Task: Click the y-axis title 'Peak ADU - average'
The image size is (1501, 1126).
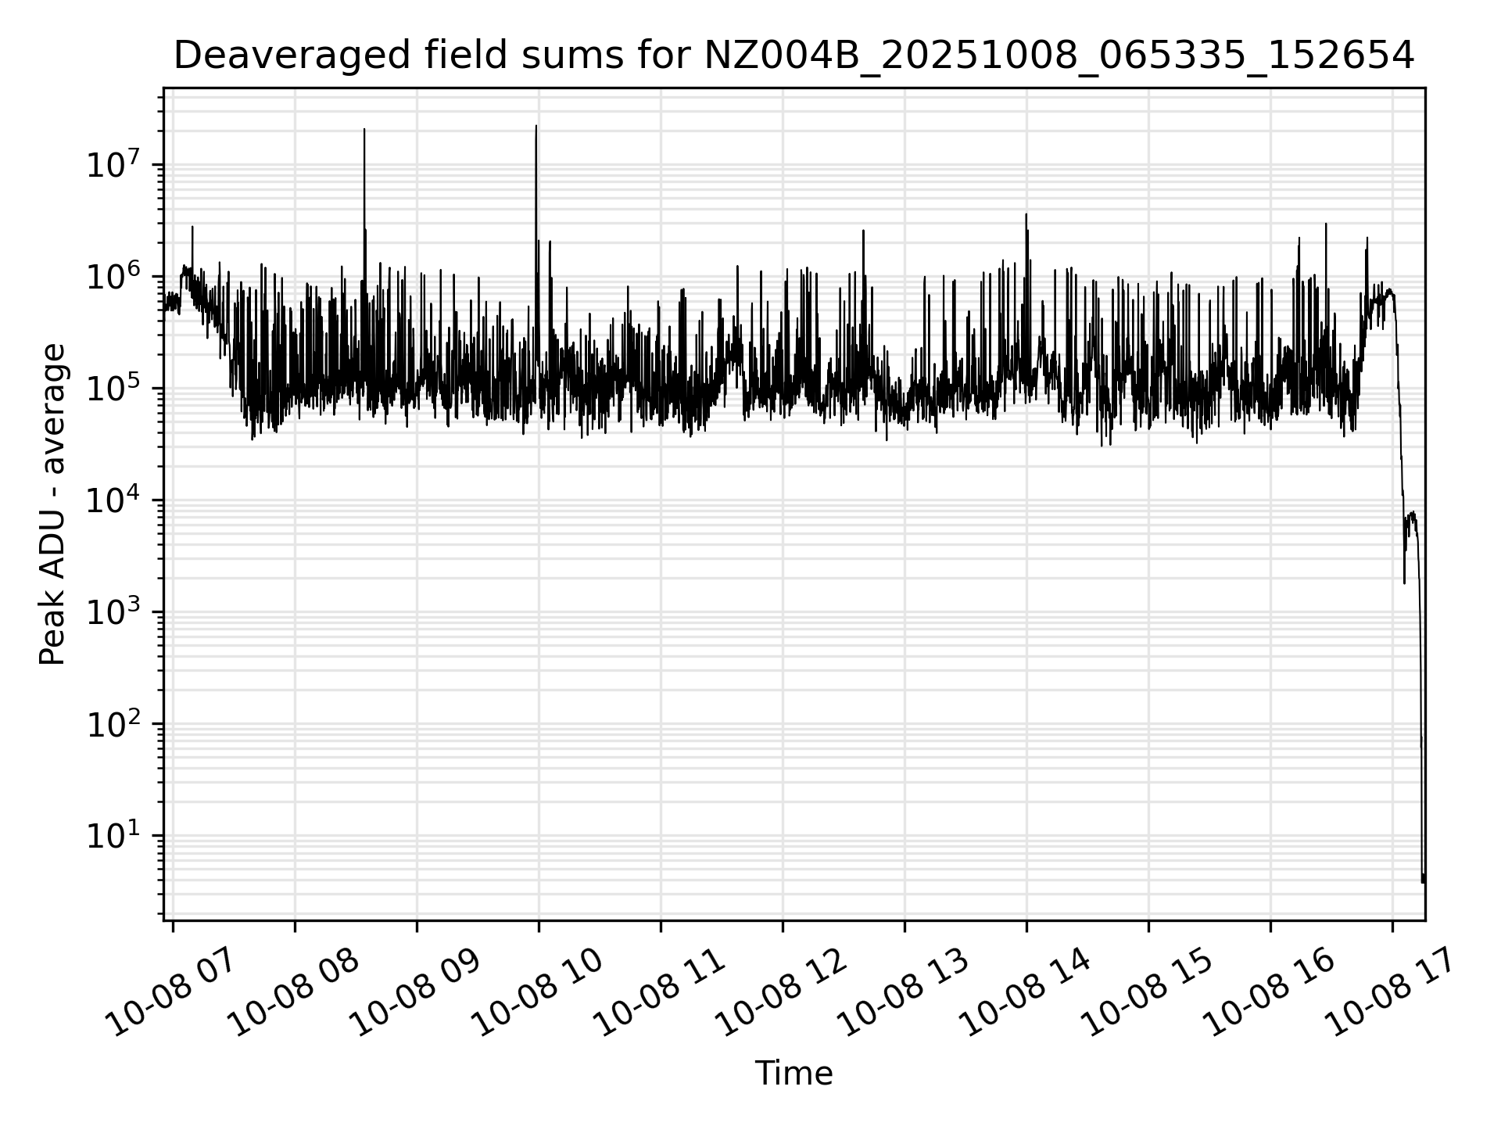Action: pos(52,504)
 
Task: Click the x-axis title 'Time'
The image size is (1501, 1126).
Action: pos(793,1074)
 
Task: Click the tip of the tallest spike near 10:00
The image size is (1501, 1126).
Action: pos(536,126)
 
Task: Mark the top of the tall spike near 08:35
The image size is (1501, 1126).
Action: pos(364,130)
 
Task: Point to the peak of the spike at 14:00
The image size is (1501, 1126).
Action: pos(1026,214)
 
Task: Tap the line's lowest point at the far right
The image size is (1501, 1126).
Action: pos(1423,883)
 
